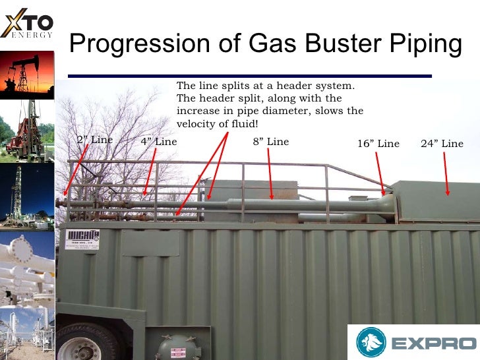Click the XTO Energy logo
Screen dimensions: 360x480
(x=28, y=24)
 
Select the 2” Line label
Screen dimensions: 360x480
(x=94, y=140)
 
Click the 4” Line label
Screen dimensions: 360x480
(x=159, y=142)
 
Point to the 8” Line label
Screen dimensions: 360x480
(x=270, y=142)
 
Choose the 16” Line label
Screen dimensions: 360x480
(x=378, y=144)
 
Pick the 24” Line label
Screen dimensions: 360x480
(x=442, y=144)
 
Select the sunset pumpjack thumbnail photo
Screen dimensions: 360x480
(x=27, y=73)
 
